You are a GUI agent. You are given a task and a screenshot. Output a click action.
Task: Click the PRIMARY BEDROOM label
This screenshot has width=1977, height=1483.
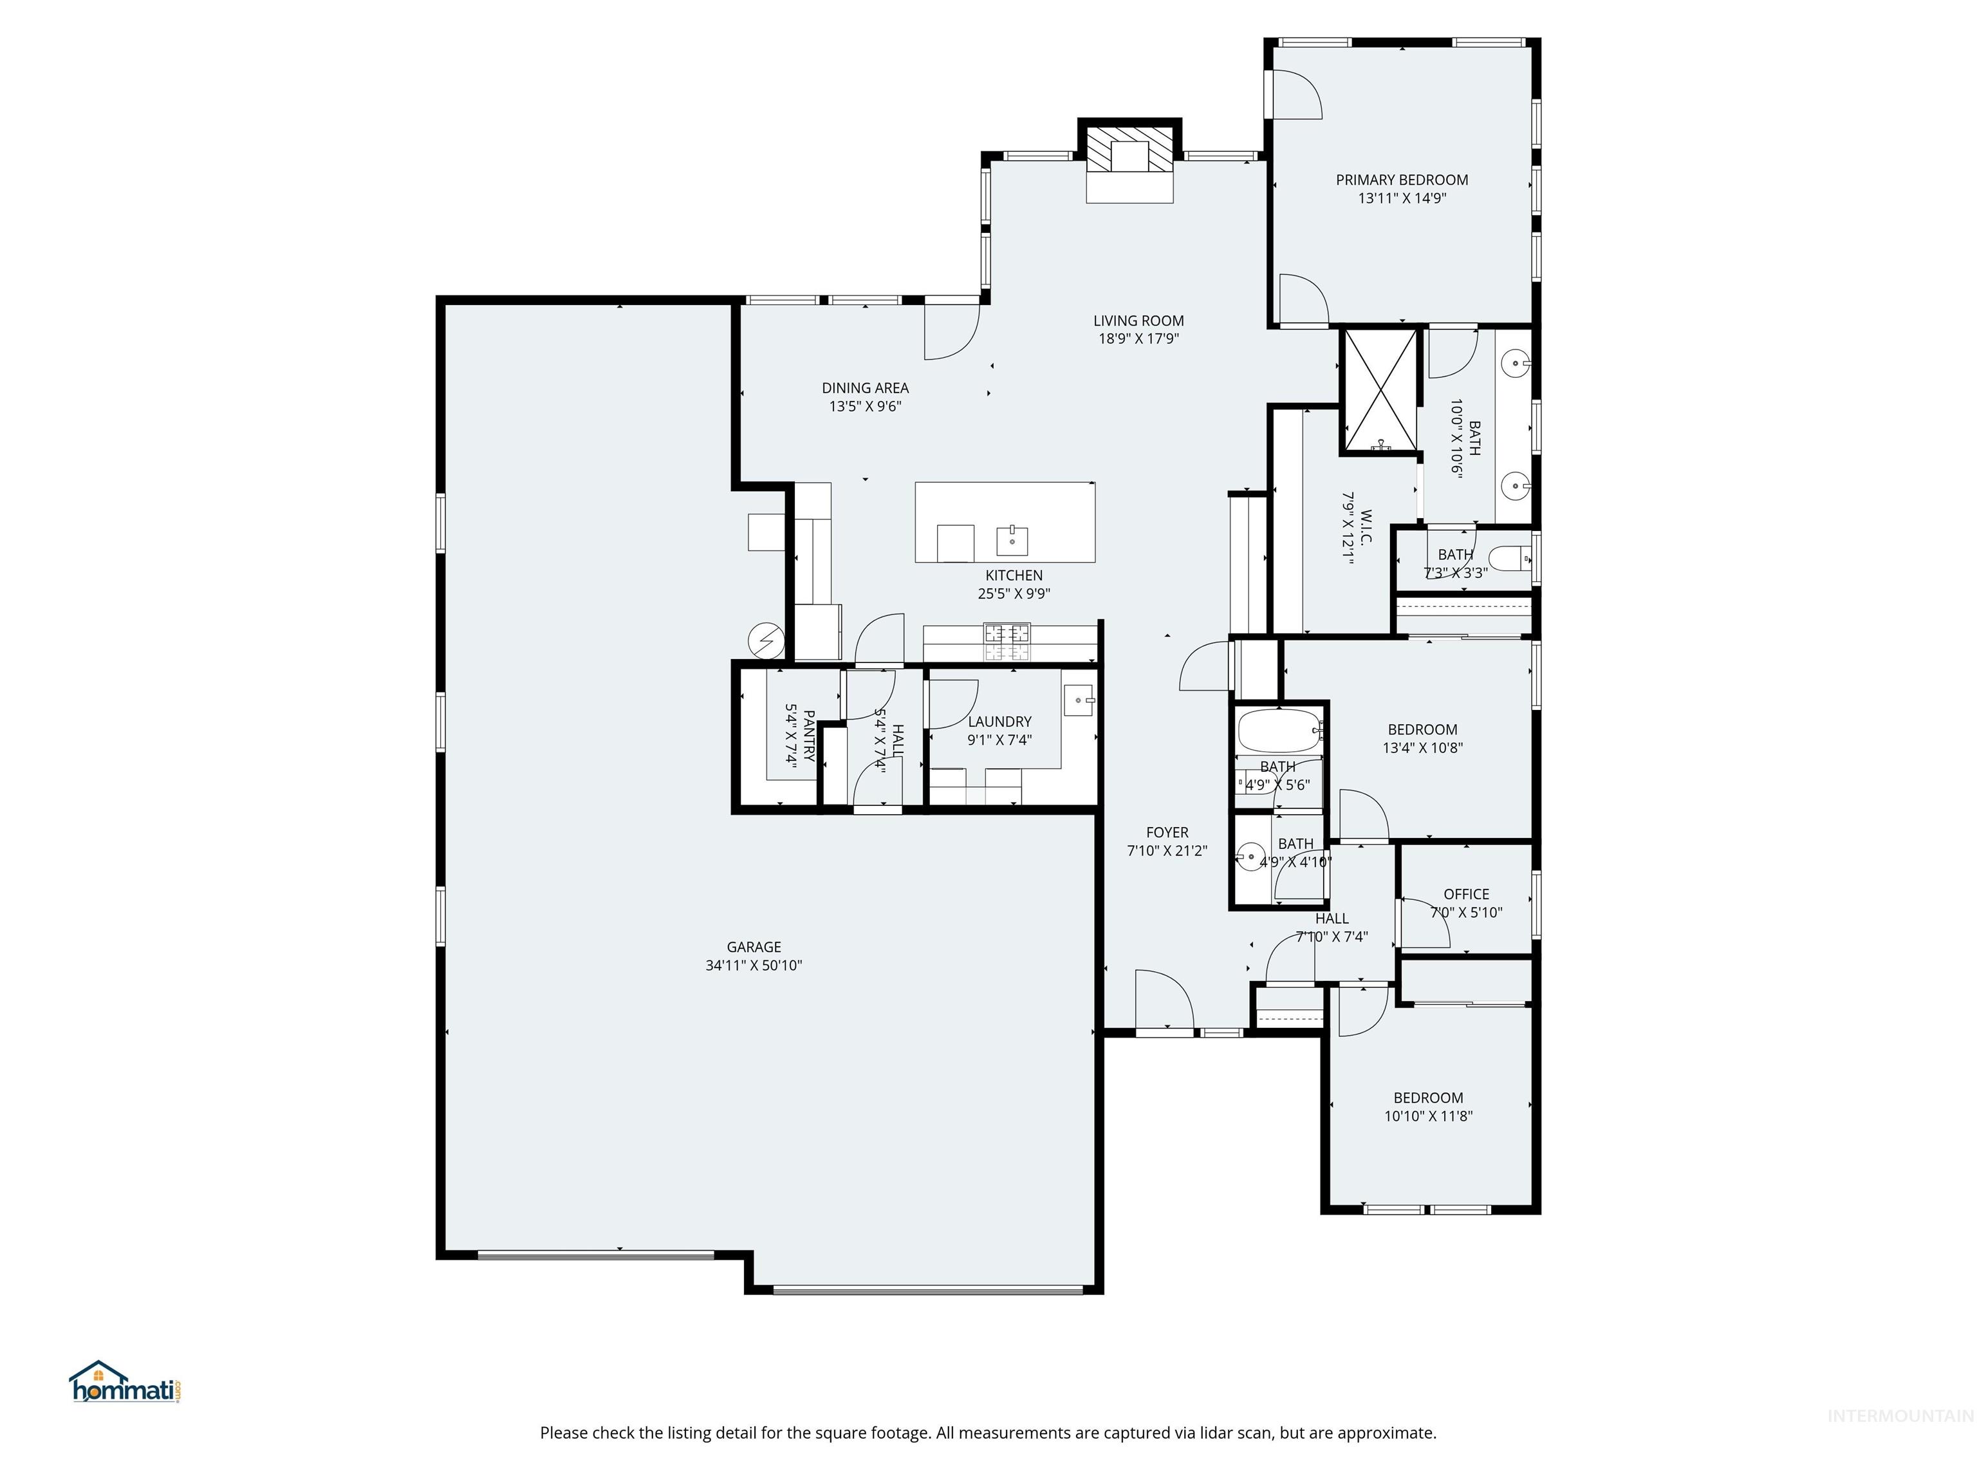point(1402,180)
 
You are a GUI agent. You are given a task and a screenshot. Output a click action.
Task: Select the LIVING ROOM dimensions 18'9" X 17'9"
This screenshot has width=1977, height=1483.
point(1138,339)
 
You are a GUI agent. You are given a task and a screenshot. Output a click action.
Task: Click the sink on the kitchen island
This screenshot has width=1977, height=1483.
point(1012,541)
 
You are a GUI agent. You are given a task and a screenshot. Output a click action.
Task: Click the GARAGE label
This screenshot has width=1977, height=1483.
point(754,947)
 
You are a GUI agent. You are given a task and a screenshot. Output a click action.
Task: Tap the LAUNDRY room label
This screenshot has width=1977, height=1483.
point(999,722)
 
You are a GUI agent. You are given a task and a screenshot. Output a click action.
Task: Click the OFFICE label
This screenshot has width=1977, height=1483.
point(1466,894)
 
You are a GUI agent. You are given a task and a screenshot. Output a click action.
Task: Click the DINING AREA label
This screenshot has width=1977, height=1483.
point(865,388)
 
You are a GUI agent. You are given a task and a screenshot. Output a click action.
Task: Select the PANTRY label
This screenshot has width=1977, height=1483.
point(808,735)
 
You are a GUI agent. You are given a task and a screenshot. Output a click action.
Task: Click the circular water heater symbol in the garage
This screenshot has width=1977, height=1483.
point(766,639)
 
